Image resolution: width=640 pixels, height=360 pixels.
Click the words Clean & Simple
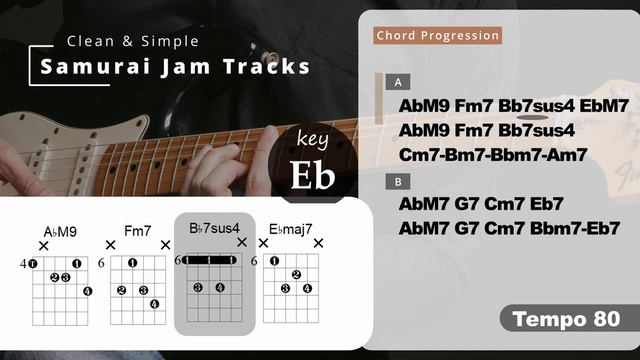132,41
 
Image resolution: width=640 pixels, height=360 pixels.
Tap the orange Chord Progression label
437,36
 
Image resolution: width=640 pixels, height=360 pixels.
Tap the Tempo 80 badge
566,319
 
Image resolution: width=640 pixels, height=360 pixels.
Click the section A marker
398,83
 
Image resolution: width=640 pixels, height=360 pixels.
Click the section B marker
398,181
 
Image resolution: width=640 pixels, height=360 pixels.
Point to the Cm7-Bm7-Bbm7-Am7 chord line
493,154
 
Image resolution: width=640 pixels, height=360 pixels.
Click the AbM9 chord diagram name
60,232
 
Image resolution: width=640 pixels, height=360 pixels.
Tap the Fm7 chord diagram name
138,231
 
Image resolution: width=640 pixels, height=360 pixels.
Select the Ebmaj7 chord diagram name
291,231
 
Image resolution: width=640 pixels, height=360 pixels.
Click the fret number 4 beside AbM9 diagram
22,263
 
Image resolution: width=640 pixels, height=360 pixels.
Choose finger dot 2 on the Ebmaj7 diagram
296,275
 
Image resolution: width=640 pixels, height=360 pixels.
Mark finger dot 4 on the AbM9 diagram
87,290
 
